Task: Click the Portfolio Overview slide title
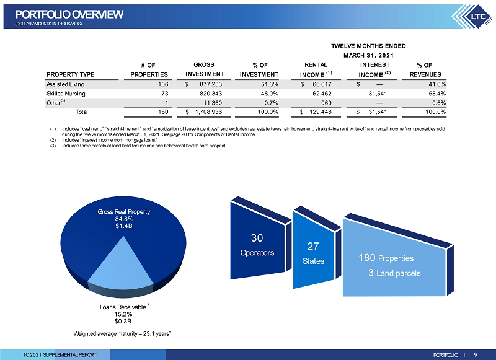pos(69,14)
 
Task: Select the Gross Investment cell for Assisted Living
pos(204,84)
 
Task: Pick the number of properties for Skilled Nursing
pos(164,94)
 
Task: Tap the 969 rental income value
pos(326,103)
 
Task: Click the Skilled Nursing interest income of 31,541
pos(378,94)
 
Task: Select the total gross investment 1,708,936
pos(204,112)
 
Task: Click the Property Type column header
pos(70,74)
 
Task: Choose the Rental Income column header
pos(316,70)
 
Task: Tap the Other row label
pos(56,103)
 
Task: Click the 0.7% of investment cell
pos(271,103)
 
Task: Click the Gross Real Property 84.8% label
pos(123,218)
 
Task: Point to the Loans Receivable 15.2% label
pos(123,314)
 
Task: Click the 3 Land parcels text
pos(394,273)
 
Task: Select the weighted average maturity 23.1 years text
pos(122,334)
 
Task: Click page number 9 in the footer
pos(476,355)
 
